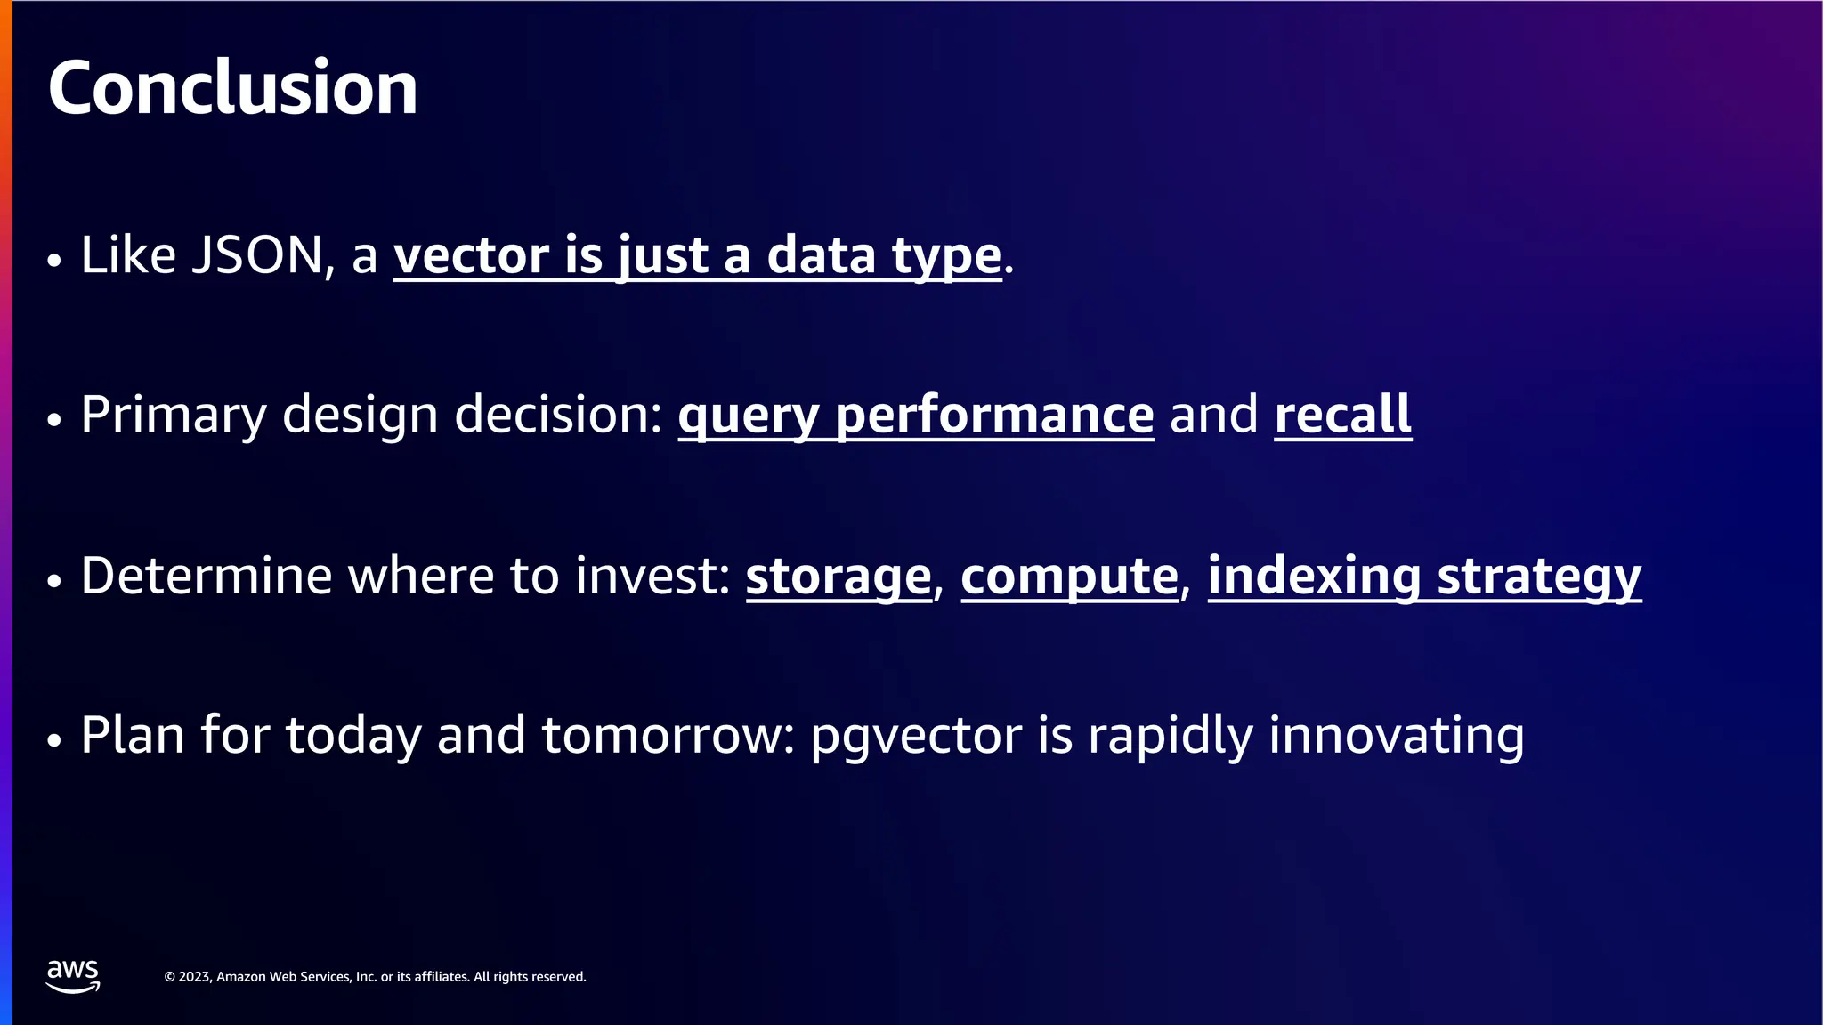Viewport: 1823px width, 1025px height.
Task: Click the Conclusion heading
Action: (x=232, y=88)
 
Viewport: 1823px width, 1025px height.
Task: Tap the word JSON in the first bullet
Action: (x=257, y=255)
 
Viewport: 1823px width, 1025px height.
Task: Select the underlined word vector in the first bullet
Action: (x=471, y=255)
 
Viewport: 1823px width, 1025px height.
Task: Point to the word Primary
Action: (x=174, y=416)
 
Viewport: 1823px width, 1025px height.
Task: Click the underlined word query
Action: (x=748, y=416)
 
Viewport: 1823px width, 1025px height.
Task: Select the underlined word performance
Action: (x=994, y=416)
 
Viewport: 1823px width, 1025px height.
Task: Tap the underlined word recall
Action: (x=1342, y=415)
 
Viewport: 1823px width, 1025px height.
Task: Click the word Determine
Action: (x=206, y=576)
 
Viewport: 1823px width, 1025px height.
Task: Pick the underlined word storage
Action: (x=838, y=577)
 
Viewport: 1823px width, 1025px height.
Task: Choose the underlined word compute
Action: (x=1069, y=577)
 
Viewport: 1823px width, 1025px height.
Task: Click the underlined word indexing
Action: (x=1314, y=577)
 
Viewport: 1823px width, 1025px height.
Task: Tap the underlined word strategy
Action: (x=1539, y=577)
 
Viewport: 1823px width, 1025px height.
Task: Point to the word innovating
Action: (x=1396, y=736)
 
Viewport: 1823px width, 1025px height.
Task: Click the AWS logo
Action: (x=73, y=976)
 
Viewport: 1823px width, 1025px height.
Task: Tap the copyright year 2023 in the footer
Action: (x=195, y=977)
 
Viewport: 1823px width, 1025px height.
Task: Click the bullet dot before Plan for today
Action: (x=54, y=740)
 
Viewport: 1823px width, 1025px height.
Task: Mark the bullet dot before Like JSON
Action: (x=54, y=261)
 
